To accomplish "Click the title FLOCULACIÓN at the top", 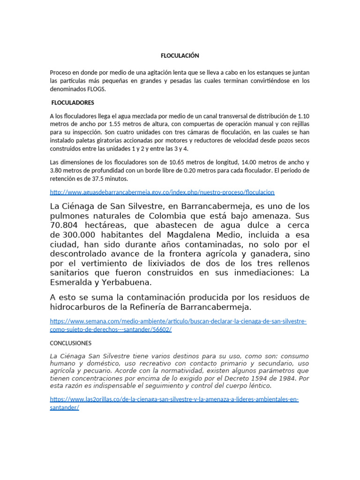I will [x=180, y=55].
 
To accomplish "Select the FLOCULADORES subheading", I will [x=73, y=102].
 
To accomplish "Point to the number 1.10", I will [x=303, y=116].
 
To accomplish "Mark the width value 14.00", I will [x=249, y=162].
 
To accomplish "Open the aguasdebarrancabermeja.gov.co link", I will [x=162, y=192].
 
